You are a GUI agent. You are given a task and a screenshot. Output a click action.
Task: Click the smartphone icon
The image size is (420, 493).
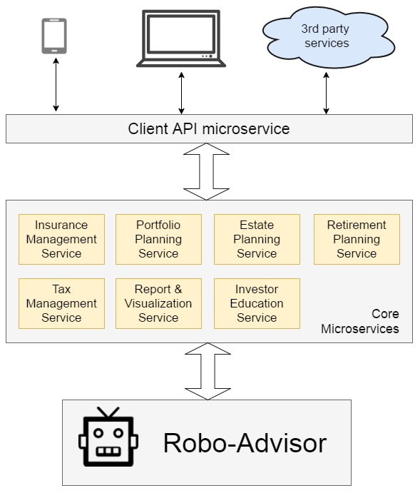[x=54, y=36]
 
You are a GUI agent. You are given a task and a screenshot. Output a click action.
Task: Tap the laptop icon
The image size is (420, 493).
[x=181, y=39]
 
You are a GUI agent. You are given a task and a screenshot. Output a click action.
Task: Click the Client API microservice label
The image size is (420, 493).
[x=209, y=129]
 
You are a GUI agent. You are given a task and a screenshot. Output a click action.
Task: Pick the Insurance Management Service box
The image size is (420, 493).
[x=61, y=239]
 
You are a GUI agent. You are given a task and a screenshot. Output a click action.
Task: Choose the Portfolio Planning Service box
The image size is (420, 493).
[x=158, y=239]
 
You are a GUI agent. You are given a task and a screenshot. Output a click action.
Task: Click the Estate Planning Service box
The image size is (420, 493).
[x=257, y=239]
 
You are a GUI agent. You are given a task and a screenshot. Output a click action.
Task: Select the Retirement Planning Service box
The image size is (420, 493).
[x=357, y=239]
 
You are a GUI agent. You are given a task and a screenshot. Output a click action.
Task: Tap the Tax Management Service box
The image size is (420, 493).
[x=61, y=303]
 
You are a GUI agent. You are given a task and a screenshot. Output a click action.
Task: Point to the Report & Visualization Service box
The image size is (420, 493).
[x=158, y=303]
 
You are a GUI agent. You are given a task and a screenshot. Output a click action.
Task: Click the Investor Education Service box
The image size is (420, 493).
[x=257, y=303]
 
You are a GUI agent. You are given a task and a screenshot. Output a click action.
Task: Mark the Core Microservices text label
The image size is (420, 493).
[x=360, y=322]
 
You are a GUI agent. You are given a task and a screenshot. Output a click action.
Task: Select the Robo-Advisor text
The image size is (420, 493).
[x=245, y=443]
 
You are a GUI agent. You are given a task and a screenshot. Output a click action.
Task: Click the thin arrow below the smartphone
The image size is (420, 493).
[x=56, y=86]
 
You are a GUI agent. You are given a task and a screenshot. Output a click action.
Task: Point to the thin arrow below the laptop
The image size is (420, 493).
[x=181, y=91]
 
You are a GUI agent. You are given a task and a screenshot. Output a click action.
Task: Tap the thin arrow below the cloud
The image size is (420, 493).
[x=326, y=91]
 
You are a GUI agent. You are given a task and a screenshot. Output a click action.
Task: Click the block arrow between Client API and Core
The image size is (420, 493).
[x=206, y=172]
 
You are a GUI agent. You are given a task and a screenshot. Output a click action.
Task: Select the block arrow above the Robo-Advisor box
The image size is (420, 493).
[x=206, y=371]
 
